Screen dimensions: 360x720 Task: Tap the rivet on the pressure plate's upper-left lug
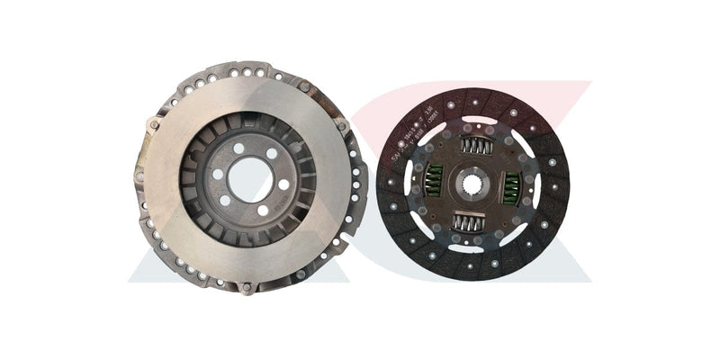click(x=154, y=125)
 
